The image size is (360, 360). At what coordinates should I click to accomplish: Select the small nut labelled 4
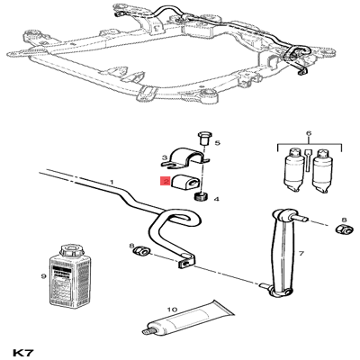202,196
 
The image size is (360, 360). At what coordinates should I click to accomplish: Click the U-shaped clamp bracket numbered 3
186,158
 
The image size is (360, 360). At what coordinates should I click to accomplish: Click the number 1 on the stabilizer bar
111,184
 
